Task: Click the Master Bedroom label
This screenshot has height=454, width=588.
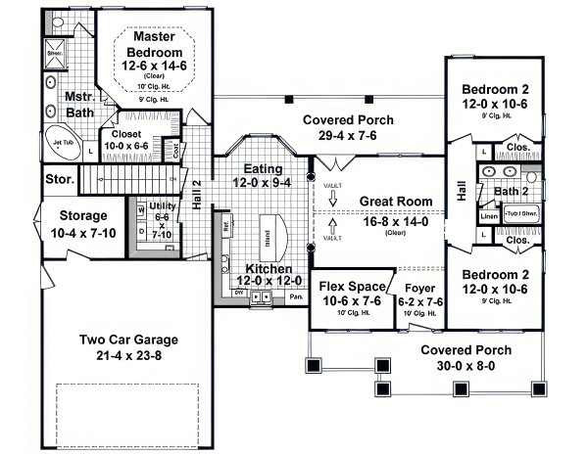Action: point(161,44)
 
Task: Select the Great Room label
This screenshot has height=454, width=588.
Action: point(395,201)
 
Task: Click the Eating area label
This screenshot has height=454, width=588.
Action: point(252,168)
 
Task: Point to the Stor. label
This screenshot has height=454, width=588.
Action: point(58,180)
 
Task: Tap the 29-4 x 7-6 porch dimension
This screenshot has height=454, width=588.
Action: point(320,135)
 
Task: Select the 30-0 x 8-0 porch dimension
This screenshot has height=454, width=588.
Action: point(454,366)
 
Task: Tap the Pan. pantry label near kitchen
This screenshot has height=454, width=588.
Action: point(295,293)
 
